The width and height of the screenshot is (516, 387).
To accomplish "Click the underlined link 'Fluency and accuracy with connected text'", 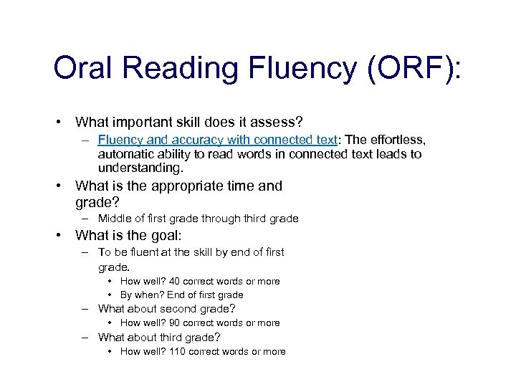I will [x=218, y=140].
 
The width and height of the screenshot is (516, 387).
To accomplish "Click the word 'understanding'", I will [x=140, y=169].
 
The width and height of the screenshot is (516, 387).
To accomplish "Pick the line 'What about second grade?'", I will [x=166, y=309].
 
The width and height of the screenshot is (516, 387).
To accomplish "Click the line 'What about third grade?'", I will [x=159, y=337].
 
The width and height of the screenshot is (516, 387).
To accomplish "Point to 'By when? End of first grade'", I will [x=181, y=295].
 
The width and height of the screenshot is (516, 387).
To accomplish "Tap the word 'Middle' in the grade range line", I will [x=115, y=219].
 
